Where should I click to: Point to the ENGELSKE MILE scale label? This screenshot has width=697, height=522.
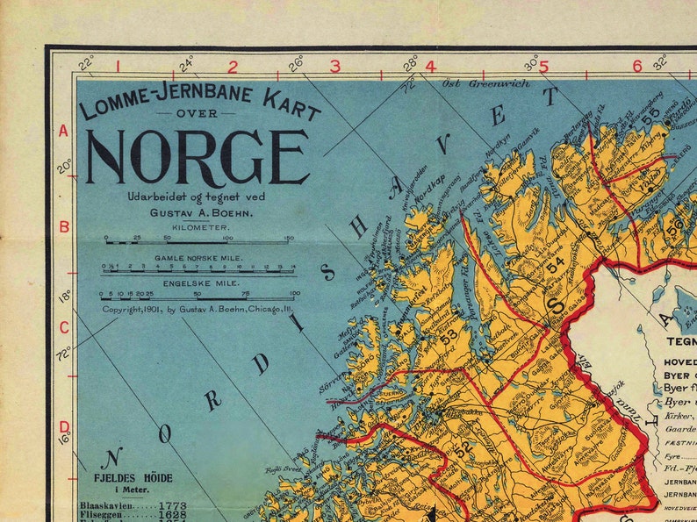point(198,283)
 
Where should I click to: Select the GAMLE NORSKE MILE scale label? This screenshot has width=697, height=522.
point(198,258)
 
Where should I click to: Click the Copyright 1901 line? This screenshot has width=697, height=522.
point(198,309)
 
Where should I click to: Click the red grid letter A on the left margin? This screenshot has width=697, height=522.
point(63,132)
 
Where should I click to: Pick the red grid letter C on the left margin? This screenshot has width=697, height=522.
point(63,327)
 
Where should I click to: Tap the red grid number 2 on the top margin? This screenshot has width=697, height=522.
point(233,66)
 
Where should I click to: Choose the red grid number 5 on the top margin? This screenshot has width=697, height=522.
point(543,66)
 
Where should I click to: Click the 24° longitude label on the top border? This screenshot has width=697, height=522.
point(186,64)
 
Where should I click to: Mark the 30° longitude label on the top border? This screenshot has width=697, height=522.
point(531,64)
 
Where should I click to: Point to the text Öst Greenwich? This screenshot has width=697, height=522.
point(474,84)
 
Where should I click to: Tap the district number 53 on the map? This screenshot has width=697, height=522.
point(449,334)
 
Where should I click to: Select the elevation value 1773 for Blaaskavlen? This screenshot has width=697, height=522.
point(172,506)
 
